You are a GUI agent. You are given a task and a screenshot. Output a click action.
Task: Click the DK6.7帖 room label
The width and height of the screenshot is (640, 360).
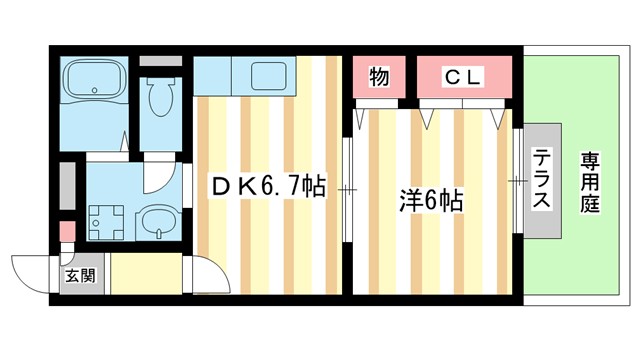pyautogui.click(x=265, y=186)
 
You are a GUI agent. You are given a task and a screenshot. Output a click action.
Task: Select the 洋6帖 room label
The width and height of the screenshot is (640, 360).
pyautogui.click(x=430, y=200)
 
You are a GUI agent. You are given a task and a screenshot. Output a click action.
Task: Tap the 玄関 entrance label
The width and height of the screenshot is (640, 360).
pyautogui.click(x=80, y=275)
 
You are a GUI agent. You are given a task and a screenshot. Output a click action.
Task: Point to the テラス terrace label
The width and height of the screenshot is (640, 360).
pyautogui.click(x=540, y=180)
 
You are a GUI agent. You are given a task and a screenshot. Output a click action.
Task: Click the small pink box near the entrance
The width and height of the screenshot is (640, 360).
pyautogui.click(x=67, y=232)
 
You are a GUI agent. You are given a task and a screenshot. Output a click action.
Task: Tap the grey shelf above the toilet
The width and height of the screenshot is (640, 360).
pyautogui.click(x=159, y=60)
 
